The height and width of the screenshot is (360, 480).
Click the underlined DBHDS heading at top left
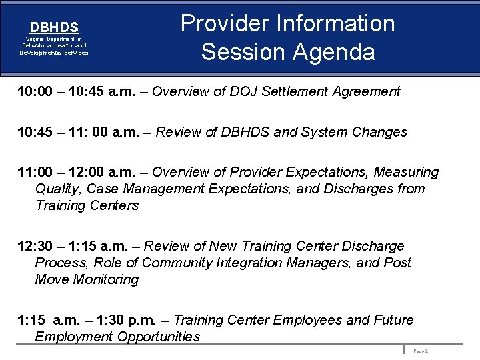point(54,27)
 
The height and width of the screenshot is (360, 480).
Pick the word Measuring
point(406,173)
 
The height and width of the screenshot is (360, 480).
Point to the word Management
point(163,189)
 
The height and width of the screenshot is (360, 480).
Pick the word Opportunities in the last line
point(158,337)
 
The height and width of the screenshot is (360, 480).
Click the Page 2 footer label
point(421,351)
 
